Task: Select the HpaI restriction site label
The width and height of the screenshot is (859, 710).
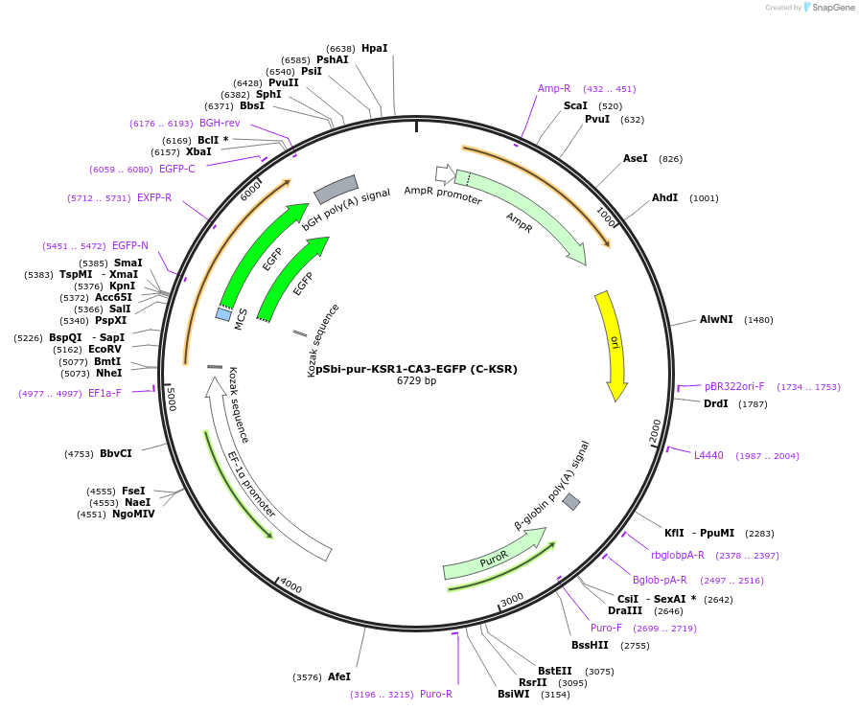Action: point(375,48)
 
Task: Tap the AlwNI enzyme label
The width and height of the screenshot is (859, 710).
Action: point(716,319)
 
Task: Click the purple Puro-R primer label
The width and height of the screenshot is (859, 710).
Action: point(436,694)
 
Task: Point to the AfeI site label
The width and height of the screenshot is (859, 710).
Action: point(339,676)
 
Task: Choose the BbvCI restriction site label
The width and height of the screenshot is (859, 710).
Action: point(116,453)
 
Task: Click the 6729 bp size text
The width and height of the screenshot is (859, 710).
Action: point(416,381)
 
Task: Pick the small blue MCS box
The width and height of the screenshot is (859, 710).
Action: point(223,314)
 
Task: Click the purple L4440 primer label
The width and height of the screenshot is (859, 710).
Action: point(708,455)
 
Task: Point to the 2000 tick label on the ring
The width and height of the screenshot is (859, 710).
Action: point(656,430)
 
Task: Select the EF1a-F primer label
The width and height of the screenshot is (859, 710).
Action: point(104,393)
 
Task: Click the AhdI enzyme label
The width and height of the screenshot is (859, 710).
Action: point(664,197)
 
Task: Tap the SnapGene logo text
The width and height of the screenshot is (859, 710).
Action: point(830,8)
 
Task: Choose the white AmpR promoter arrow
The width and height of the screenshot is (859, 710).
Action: point(445,173)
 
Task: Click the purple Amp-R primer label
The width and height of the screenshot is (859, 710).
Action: point(554,88)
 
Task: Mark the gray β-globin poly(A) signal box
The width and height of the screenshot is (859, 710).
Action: point(571,502)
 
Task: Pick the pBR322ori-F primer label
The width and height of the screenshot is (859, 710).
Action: point(734,387)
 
